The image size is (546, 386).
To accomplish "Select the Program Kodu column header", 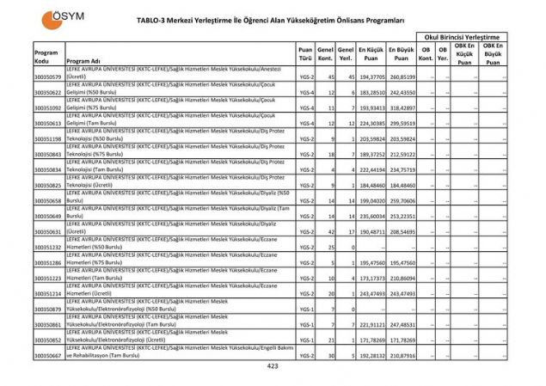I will (46, 57).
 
